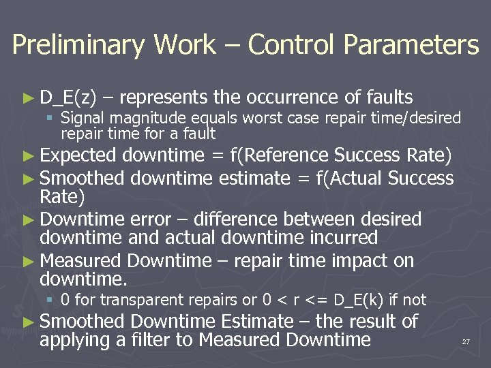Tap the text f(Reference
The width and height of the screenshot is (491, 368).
point(280,156)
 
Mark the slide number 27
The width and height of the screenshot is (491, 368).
point(466,341)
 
